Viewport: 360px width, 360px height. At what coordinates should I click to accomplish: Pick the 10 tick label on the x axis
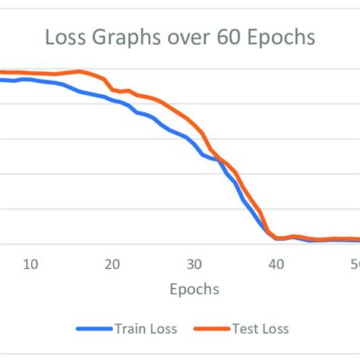30,264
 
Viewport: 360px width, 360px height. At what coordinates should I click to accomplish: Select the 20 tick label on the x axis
112,264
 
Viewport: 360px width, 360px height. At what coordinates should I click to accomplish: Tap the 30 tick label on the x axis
194,264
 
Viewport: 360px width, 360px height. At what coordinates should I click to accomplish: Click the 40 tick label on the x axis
276,264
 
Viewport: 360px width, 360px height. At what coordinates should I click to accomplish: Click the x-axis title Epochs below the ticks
194,289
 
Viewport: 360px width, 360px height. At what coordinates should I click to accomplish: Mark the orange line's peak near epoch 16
80,71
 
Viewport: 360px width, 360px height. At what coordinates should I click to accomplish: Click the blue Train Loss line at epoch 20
112,100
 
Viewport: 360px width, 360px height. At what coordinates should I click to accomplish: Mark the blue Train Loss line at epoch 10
30,79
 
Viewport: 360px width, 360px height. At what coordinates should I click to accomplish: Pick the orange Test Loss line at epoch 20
112,90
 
